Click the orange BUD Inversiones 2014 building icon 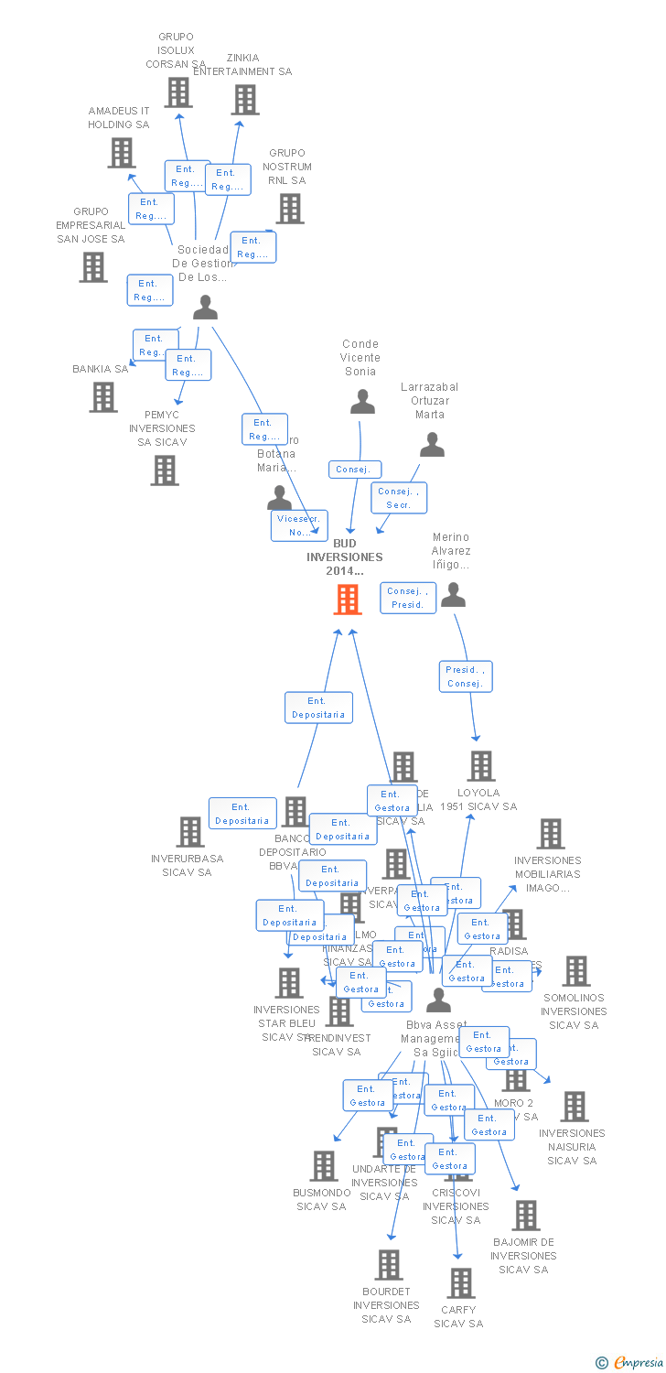[x=348, y=600]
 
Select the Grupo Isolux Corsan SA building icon [x=178, y=92]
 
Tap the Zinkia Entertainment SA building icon [x=245, y=100]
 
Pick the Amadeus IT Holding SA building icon [x=122, y=153]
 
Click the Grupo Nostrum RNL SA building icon [x=290, y=209]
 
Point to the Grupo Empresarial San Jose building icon [x=93, y=267]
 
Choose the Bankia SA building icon [x=103, y=397]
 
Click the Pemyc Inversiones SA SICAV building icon [x=165, y=470]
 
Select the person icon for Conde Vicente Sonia [x=362, y=401]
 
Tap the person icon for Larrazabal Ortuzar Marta [x=432, y=444]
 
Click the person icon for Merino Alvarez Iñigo [x=453, y=595]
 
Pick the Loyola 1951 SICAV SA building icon [x=480, y=766]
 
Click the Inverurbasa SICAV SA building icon [x=190, y=832]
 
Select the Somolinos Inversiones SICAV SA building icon [x=576, y=971]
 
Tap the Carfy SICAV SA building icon [x=461, y=1283]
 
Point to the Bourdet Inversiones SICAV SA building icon [x=389, y=1265]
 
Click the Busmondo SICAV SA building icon [x=324, y=1166]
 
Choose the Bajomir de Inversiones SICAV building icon [x=525, y=1216]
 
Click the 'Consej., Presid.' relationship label [x=408, y=599]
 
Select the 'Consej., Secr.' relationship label [x=399, y=498]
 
